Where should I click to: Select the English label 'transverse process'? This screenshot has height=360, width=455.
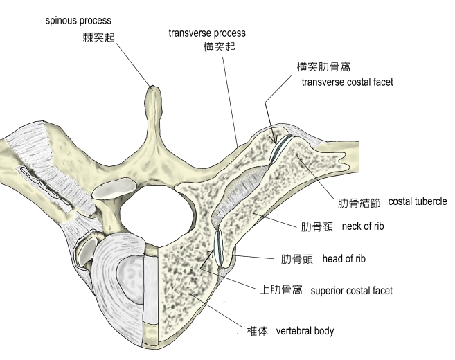(207, 33)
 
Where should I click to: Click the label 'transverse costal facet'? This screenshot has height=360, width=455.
(348, 82)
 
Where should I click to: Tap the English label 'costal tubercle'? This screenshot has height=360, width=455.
(418, 201)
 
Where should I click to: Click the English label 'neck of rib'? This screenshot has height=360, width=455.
(364, 226)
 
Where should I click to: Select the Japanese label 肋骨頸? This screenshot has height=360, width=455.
(313, 226)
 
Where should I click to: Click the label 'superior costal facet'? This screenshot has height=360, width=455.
(352, 291)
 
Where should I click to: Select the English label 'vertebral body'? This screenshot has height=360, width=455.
(305, 331)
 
